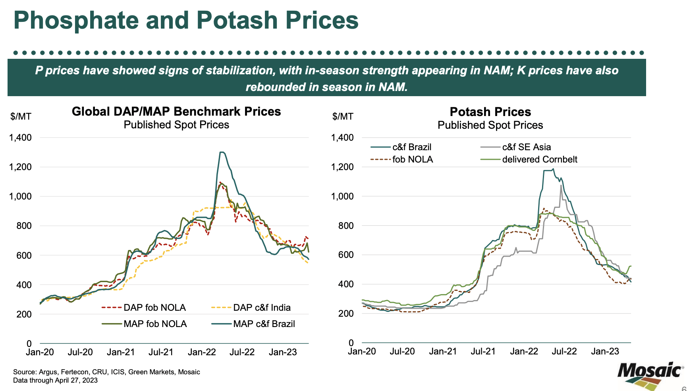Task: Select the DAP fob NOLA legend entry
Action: coord(154,308)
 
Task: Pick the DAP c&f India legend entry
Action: coord(262,308)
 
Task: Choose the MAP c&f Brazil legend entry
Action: coord(264,324)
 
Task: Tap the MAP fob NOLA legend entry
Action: coord(155,324)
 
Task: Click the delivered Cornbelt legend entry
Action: coord(539,159)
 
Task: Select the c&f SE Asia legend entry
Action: coord(526,147)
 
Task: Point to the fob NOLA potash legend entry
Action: coord(412,159)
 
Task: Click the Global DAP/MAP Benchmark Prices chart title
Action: coord(176,111)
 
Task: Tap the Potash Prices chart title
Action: coord(490,112)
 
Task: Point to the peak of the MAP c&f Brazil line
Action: coord(222,152)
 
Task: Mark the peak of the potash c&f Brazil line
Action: coord(553,169)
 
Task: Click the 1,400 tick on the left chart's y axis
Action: coord(20,137)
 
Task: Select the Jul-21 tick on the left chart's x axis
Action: coord(161,352)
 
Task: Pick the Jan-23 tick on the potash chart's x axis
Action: coord(605,351)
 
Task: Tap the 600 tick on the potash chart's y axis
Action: coord(345,255)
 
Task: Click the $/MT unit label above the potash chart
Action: coord(343,116)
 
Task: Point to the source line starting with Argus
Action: coord(106,372)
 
